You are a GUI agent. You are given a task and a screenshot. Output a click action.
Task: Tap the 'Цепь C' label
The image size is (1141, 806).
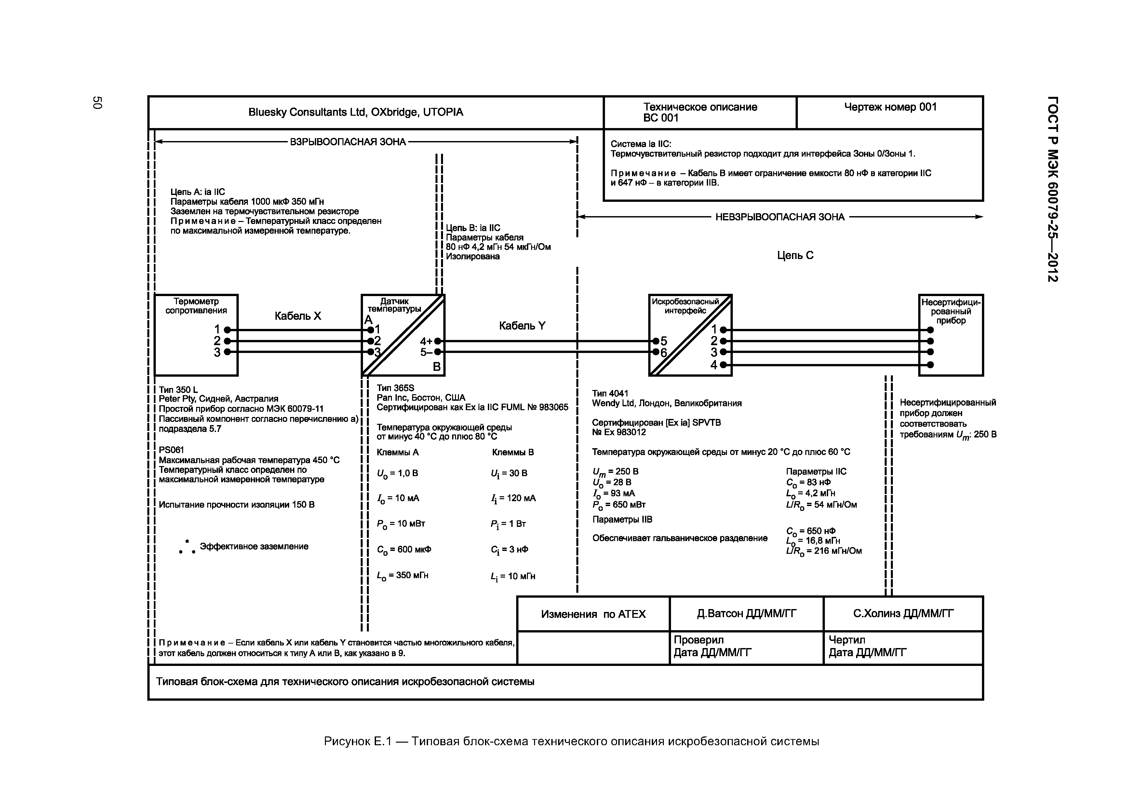[795, 255]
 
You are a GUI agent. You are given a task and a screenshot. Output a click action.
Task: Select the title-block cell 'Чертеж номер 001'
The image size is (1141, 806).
[890, 107]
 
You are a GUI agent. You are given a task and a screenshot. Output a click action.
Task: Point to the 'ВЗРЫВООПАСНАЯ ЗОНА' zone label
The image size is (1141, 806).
[348, 142]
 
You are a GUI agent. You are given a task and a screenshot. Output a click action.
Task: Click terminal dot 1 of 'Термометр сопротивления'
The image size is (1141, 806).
[227, 330]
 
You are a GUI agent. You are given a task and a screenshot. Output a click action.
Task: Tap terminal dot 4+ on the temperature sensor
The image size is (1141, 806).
[437, 341]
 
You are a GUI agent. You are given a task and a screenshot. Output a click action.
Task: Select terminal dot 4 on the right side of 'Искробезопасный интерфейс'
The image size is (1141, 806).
[723, 365]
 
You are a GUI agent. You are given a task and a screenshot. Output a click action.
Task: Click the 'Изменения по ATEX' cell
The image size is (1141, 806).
[593, 614]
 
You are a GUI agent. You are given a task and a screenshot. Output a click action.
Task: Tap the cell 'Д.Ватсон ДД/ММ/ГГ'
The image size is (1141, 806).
[746, 614]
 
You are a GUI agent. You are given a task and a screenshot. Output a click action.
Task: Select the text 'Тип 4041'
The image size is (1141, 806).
[610, 393]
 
